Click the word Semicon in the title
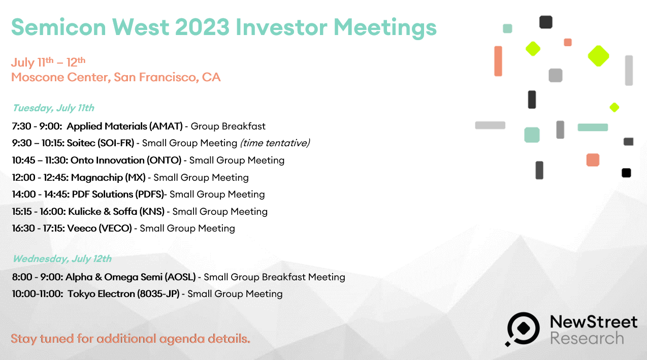(58, 27)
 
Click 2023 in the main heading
(202, 27)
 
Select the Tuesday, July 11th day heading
(53, 108)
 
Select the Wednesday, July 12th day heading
(62, 258)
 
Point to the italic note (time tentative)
(275, 143)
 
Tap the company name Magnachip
(97, 178)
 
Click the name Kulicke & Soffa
(103, 212)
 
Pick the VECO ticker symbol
(115, 228)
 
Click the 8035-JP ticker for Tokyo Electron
(158, 294)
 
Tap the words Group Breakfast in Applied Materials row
(228, 126)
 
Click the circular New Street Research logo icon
(523, 329)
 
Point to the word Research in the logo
(587, 338)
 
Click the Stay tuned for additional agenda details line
(131, 339)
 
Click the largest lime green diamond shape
(598, 56)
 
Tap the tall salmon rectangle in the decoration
(498, 61)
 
